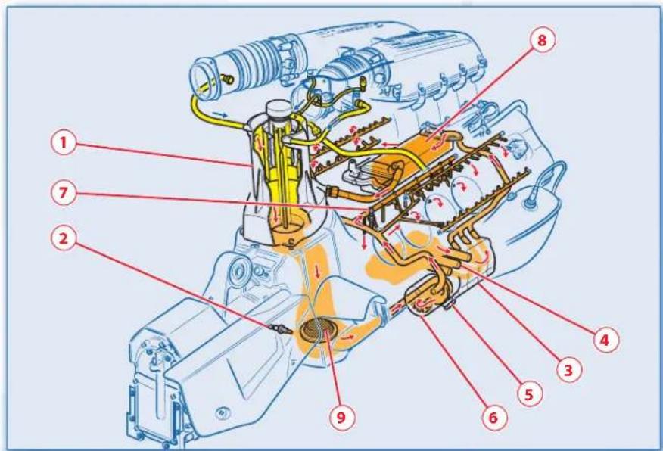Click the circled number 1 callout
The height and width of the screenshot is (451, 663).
tap(64, 142)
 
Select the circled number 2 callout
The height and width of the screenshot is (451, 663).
tap(64, 238)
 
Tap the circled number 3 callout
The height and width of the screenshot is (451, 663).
tap(568, 370)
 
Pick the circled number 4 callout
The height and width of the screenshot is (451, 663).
tap(605, 340)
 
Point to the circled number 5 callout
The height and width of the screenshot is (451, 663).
tap(530, 394)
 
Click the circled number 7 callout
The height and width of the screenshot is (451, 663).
tap(64, 193)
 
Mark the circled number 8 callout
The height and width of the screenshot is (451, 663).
tap(542, 40)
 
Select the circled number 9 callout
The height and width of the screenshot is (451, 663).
tap(341, 417)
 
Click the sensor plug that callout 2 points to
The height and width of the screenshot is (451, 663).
tap(279, 329)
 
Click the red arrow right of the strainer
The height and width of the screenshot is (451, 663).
tap(349, 337)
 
